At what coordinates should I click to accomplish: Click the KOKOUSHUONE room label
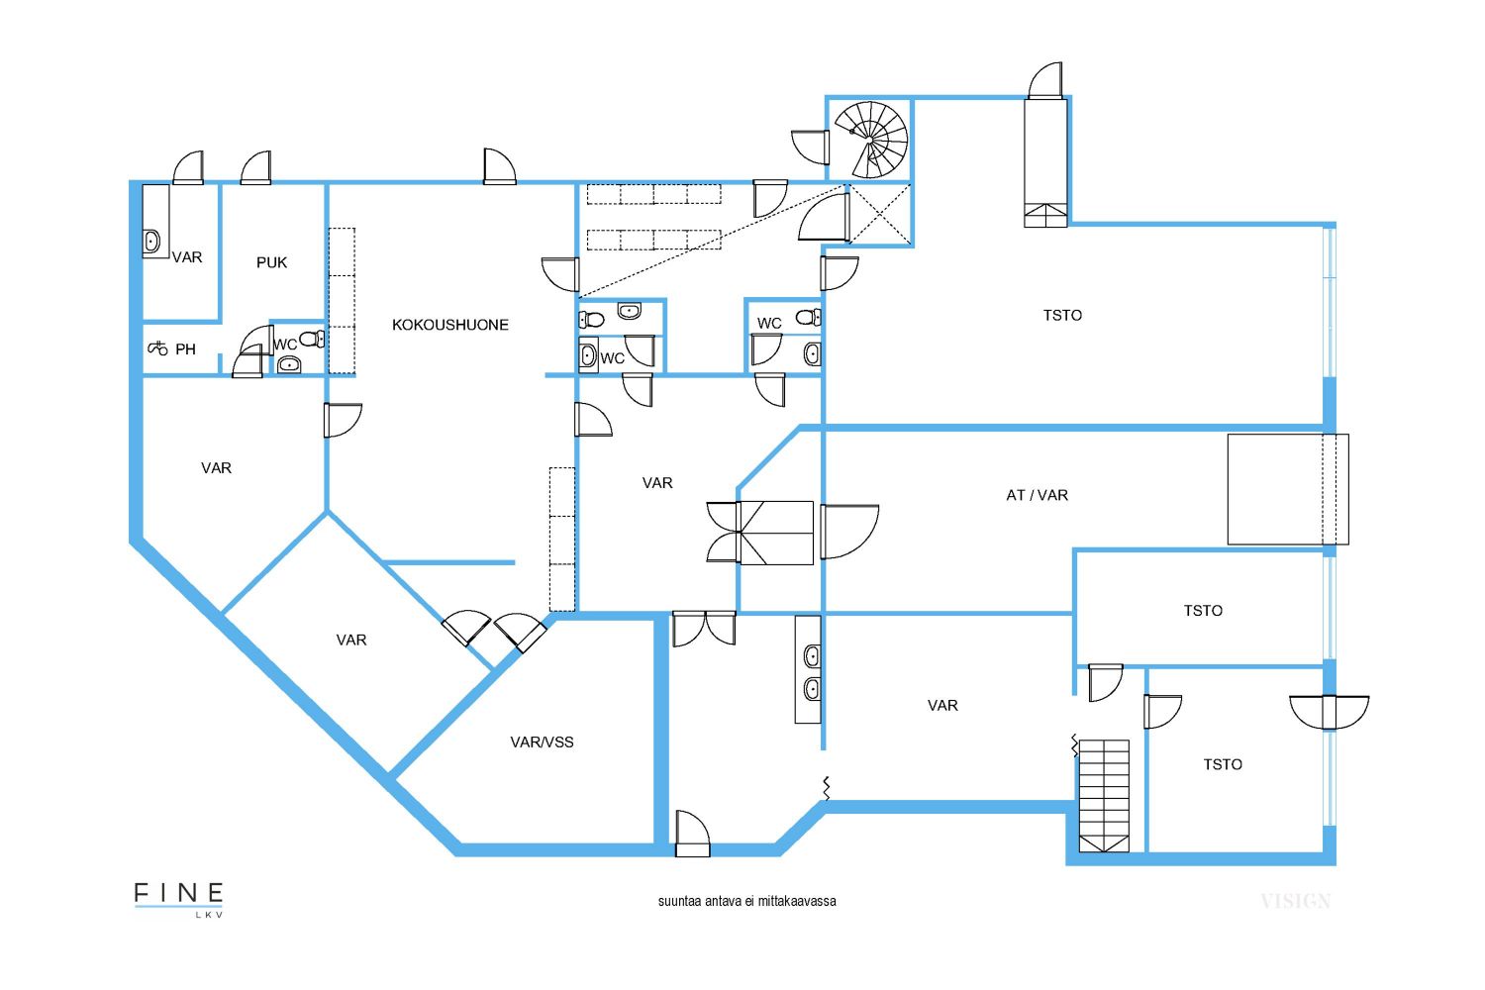coord(450,325)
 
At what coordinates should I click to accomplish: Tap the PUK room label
coord(272,262)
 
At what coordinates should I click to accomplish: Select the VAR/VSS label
coord(542,742)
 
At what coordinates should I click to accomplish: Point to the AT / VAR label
coord(1037,495)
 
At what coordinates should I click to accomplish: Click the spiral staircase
coord(871,140)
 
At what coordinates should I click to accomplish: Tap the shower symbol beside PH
coord(157,347)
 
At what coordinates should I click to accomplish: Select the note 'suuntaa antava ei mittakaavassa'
coord(746,902)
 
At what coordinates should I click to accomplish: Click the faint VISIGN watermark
coord(1295,901)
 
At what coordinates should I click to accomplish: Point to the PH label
coord(186,349)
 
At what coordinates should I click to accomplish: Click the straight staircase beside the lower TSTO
coord(1104,796)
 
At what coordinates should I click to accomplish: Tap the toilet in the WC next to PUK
coord(312,340)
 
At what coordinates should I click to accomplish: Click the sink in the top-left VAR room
coord(151,242)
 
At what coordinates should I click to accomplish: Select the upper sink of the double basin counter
coord(812,656)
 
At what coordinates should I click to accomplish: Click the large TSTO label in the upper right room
coord(1062,316)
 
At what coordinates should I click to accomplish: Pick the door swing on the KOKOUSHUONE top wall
coord(499,165)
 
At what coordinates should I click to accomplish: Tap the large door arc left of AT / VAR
coord(849,532)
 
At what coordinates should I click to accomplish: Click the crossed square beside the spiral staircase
coord(880,214)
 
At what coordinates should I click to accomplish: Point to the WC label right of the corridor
coord(769,324)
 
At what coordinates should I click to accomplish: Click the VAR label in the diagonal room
coord(351,640)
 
